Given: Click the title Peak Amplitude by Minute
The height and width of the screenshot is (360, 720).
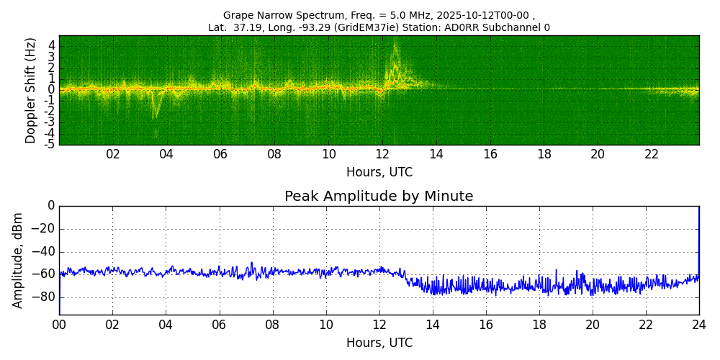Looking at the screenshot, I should click(379, 197).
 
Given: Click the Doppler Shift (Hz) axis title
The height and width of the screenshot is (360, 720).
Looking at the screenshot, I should click(31, 90).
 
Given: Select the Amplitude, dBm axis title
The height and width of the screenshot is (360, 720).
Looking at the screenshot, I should click(18, 260).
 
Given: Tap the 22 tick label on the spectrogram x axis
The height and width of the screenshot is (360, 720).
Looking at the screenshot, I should click(652, 155).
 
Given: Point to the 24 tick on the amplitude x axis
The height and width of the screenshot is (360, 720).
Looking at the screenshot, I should click(699, 325).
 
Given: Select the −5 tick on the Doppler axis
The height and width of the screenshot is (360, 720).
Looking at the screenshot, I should click(50, 144).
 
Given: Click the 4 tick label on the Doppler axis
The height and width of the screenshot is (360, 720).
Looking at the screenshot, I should click(52, 45).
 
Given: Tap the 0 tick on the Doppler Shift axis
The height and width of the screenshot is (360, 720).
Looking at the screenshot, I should click(52, 89).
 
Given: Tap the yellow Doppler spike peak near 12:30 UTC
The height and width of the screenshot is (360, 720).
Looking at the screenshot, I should click(395, 43).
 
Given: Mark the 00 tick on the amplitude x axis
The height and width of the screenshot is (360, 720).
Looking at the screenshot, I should click(59, 325).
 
